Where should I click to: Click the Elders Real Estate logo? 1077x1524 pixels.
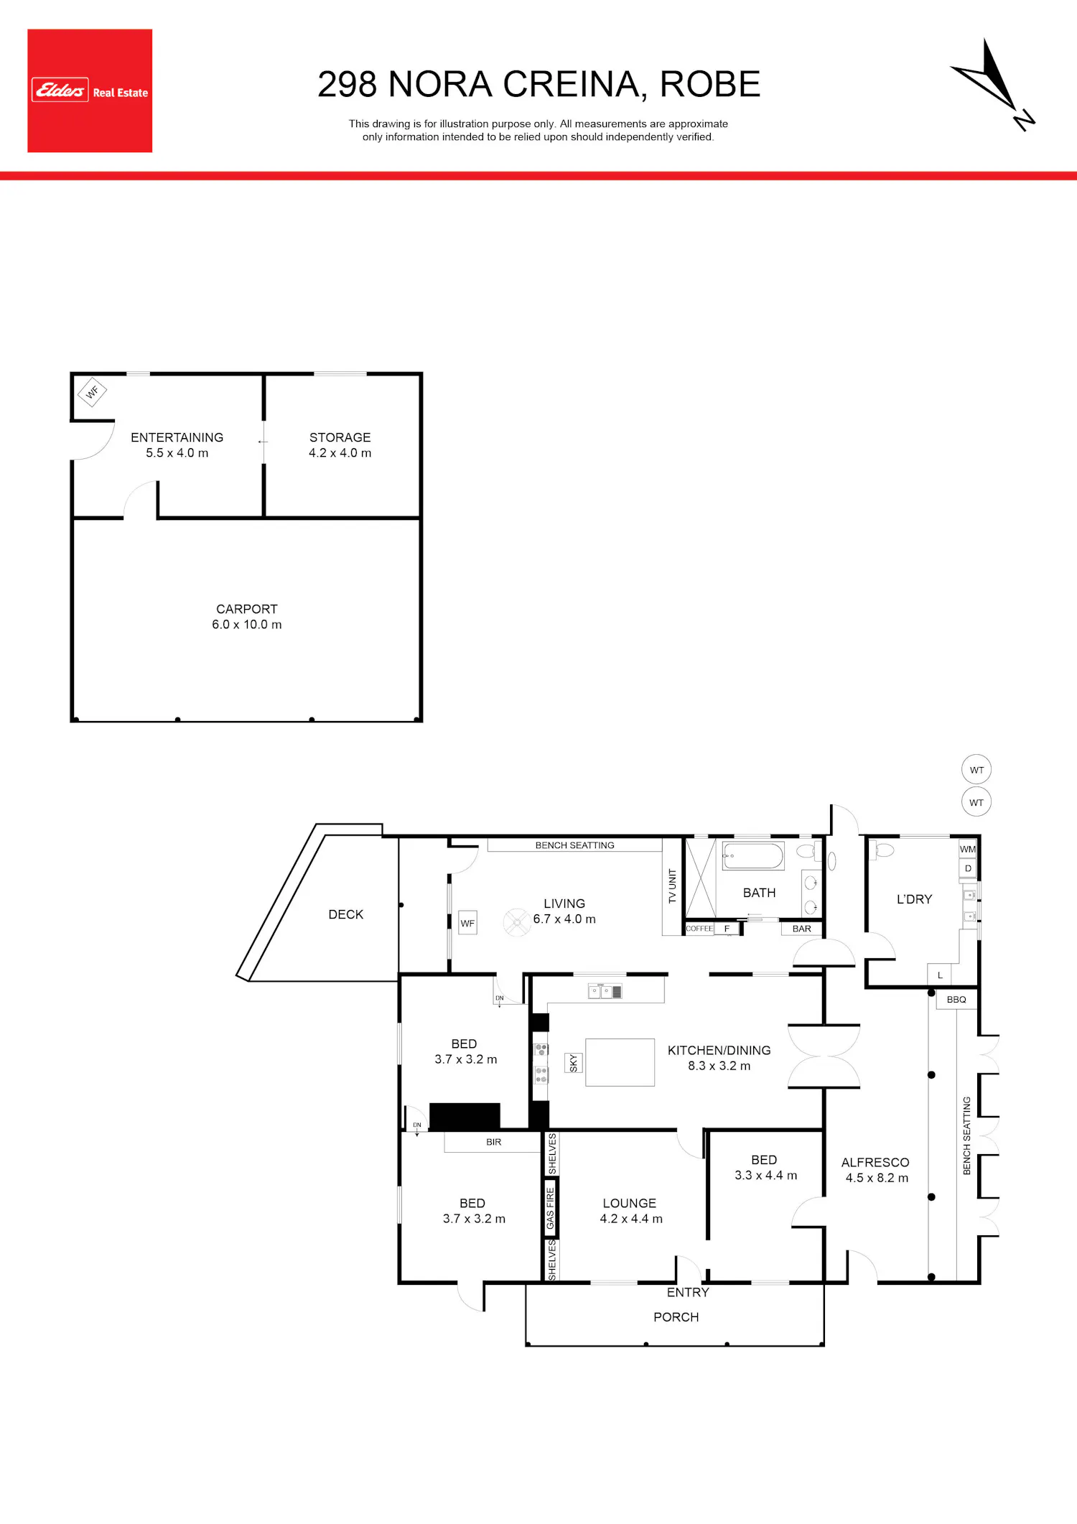tap(90, 90)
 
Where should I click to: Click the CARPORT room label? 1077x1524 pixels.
tap(246, 609)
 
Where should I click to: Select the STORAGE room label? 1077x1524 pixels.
tap(340, 437)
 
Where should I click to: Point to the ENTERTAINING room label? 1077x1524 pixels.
tap(177, 437)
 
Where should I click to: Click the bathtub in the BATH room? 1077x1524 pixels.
tap(752, 856)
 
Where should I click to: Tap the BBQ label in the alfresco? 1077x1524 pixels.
tap(956, 1000)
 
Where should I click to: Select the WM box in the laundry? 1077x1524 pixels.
tap(968, 849)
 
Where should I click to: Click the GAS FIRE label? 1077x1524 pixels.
tap(551, 1208)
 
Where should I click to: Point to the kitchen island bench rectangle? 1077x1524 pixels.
tap(620, 1062)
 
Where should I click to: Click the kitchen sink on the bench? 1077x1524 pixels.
tap(605, 992)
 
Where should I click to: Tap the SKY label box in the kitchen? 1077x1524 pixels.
tap(573, 1063)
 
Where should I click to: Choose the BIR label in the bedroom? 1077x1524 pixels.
tap(493, 1142)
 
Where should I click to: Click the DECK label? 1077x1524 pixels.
tap(345, 914)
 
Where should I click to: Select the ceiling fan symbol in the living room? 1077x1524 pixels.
tap(517, 922)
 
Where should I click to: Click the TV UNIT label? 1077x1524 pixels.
tap(673, 886)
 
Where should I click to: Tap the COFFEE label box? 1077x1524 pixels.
tap(699, 929)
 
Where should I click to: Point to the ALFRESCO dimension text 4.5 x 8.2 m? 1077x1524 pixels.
tap(877, 1178)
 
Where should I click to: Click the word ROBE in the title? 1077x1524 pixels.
tap(709, 84)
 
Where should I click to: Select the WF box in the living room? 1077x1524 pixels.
tap(467, 923)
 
